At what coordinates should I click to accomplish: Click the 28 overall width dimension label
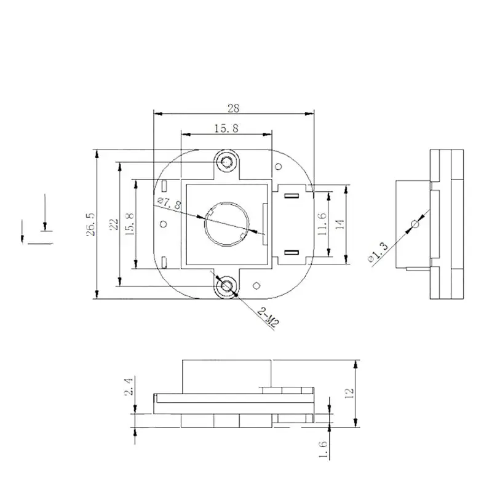[x=233, y=108]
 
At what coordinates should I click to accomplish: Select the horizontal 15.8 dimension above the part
[x=226, y=128]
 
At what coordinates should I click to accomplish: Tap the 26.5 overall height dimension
[x=91, y=224]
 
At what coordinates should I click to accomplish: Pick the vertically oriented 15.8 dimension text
[x=129, y=224]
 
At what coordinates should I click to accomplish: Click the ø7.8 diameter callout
[x=169, y=204]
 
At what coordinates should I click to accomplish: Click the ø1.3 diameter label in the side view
[x=379, y=252]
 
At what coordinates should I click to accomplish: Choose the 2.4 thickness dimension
[x=128, y=387]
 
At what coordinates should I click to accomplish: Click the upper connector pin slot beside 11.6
[x=293, y=196]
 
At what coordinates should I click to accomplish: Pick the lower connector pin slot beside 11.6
[x=293, y=252]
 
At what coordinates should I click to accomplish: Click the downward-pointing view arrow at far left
[x=44, y=215]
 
